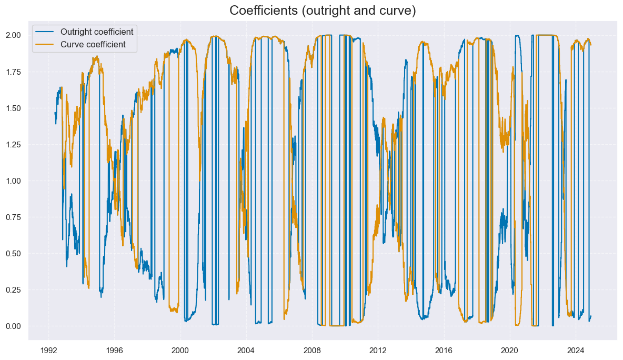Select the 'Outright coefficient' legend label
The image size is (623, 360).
pos(97,32)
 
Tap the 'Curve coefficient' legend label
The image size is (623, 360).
pos(93,44)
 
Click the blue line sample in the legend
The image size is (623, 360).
pos(45,32)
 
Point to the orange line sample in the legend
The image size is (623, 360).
pos(45,44)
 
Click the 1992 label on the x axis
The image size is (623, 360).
pos(48,349)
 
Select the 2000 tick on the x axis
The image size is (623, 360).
pos(180,349)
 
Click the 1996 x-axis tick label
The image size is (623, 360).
pos(114,349)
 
